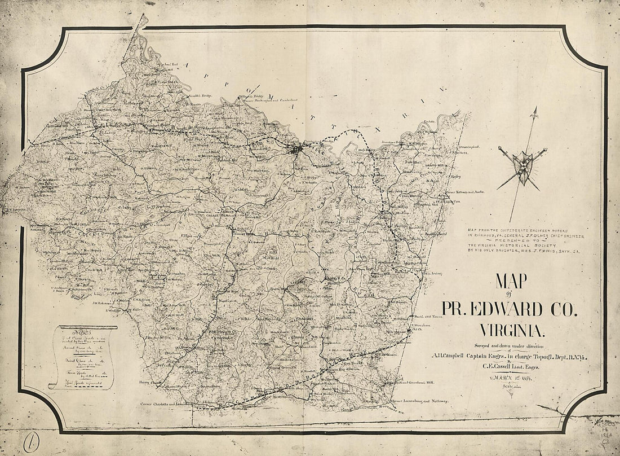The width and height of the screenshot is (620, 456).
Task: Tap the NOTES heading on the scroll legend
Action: coord(70,331)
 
